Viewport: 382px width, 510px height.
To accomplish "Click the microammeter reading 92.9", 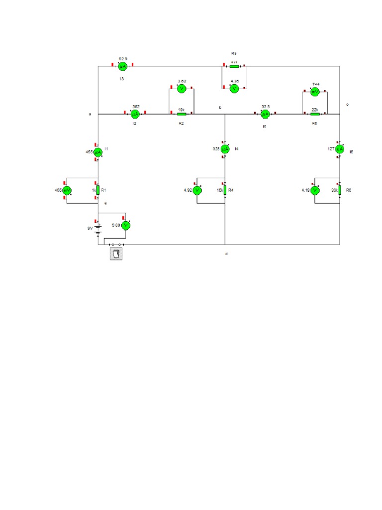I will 122,66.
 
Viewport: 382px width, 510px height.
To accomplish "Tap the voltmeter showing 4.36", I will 234,88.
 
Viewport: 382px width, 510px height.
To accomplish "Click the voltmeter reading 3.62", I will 182,89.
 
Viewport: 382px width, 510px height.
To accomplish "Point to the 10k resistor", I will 182,114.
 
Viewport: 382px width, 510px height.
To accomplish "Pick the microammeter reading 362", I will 134,114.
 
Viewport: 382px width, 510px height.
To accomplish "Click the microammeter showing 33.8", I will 266,114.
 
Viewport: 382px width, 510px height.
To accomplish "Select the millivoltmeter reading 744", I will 315,92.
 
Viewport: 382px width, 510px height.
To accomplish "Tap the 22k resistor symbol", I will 315,114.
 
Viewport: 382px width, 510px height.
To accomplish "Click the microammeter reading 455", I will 98,151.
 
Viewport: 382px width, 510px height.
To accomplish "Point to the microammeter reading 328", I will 225,149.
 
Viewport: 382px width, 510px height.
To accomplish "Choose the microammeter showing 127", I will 340,149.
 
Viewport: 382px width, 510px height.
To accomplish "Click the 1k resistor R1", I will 98,190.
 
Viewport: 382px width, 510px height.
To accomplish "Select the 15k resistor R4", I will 225,190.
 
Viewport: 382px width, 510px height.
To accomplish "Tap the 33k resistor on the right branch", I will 340,190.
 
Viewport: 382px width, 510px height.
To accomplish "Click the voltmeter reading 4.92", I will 197,190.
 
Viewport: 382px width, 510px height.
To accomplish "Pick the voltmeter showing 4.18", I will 314,190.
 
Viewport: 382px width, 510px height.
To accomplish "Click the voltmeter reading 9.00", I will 126,226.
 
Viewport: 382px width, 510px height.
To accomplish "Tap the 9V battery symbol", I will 98,228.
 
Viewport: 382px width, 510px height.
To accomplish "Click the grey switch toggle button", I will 116,254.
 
